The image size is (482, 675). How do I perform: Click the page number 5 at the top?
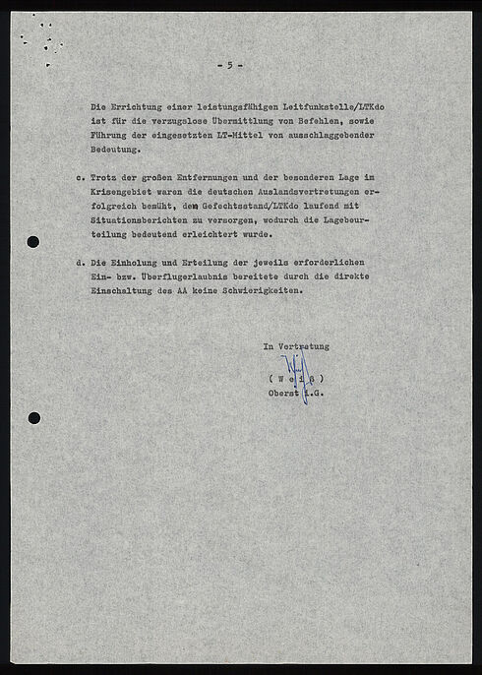click(229, 65)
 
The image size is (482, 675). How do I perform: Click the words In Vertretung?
click(295, 346)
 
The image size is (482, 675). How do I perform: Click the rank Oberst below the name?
click(284, 394)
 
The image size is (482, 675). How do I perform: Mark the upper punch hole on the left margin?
click(33, 242)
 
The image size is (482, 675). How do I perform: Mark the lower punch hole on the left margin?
click(33, 417)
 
